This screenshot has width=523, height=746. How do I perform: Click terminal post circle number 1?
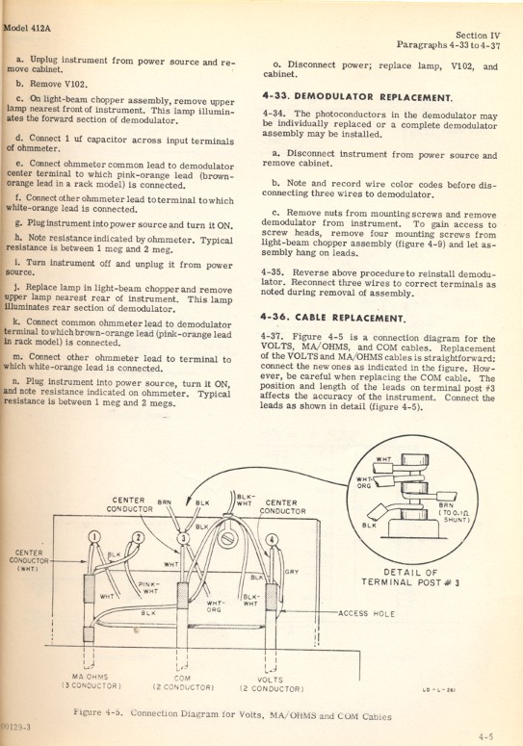[94, 538]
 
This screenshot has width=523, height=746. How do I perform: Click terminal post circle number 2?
[138, 537]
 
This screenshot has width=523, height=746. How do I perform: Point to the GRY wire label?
[291, 571]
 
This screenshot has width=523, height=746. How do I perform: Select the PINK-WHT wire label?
[147, 587]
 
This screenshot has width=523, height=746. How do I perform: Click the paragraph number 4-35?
[275, 271]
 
